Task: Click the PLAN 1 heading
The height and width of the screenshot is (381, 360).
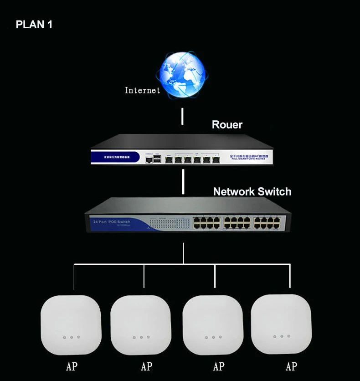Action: (34, 25)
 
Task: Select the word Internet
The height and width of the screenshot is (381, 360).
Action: (143, 90)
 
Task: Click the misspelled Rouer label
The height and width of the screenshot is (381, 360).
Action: (227, 125)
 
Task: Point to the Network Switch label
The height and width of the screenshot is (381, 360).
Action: (252, 191)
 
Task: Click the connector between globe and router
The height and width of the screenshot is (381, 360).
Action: (183, 117)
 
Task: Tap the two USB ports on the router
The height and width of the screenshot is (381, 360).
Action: (157, 159)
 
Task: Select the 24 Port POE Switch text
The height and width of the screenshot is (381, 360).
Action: (112, 222)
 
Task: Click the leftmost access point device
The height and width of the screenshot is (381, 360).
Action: (71, 325)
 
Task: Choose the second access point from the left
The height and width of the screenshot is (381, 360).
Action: (141, 325)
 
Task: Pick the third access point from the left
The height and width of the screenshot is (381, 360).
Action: (212, 325)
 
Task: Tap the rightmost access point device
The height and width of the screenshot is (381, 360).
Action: (282, 325)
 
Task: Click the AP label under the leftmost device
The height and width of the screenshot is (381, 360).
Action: (72, 366)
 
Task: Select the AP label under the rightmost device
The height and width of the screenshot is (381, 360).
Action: (291, 366)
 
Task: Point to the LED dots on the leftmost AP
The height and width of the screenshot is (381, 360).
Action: (72, 338)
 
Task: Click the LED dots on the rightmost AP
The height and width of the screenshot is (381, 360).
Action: (282, 337)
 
